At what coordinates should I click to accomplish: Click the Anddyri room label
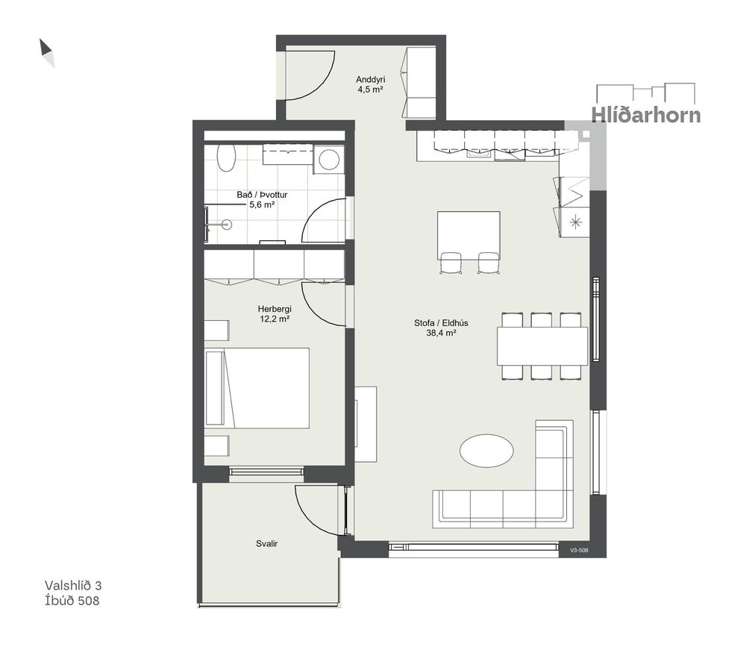click(370, 80)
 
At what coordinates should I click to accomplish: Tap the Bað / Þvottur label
click(262, 195)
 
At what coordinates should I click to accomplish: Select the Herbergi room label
click(275, 309)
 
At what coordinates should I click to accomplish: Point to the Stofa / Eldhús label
click(441, 323)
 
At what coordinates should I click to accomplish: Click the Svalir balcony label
click(267, 544)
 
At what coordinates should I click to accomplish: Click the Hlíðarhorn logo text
click(646, 115)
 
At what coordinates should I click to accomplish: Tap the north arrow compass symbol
click(47, 52)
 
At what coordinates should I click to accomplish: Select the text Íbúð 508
click(72, 601)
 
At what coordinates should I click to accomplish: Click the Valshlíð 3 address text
click(73, 585)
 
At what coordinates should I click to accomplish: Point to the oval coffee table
click(486, 451)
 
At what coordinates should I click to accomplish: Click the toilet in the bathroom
click(226, 157)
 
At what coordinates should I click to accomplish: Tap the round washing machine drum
click(329, 160)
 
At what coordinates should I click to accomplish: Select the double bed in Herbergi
click(257, 388)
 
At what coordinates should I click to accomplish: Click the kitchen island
click(469, 235)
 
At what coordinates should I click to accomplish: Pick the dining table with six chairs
click(542, 346)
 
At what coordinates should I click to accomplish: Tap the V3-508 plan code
click(579, 550)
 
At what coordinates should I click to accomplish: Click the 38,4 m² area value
click(441, 332)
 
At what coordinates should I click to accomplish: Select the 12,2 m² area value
click(275, 319)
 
